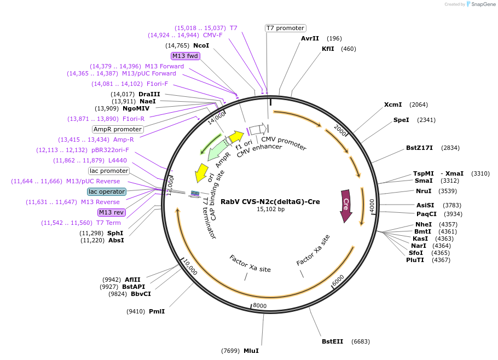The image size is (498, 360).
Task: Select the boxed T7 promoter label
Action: (x=285, y=28)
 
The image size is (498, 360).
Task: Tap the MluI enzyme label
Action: (x=251, y=350)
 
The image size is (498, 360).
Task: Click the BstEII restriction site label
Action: (x=332, y=341)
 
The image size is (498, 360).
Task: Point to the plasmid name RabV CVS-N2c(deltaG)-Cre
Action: (x=270, y=201)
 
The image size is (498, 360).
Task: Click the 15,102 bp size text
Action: (x=270, y=209)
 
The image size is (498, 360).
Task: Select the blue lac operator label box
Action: (x=107, y=191)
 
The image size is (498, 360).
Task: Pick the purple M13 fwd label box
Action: (x=185, y=56)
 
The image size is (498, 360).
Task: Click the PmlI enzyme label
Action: (x=157, y=311)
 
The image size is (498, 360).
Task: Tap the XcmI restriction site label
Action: (x=393, y=104)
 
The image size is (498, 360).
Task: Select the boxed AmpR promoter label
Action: (x=118, y=129)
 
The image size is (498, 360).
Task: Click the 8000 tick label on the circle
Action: (x=259, y=305)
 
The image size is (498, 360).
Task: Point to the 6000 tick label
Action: (x=338, y=278)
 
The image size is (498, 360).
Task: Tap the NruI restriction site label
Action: (x=425, y=191)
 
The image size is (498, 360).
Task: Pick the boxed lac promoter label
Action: (x=108, y=171)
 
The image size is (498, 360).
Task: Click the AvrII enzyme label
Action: (x=310, y=38)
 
